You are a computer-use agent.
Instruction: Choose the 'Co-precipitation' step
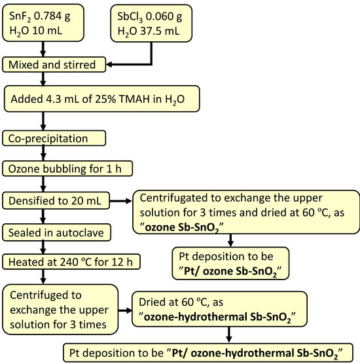tap(53, 139)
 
